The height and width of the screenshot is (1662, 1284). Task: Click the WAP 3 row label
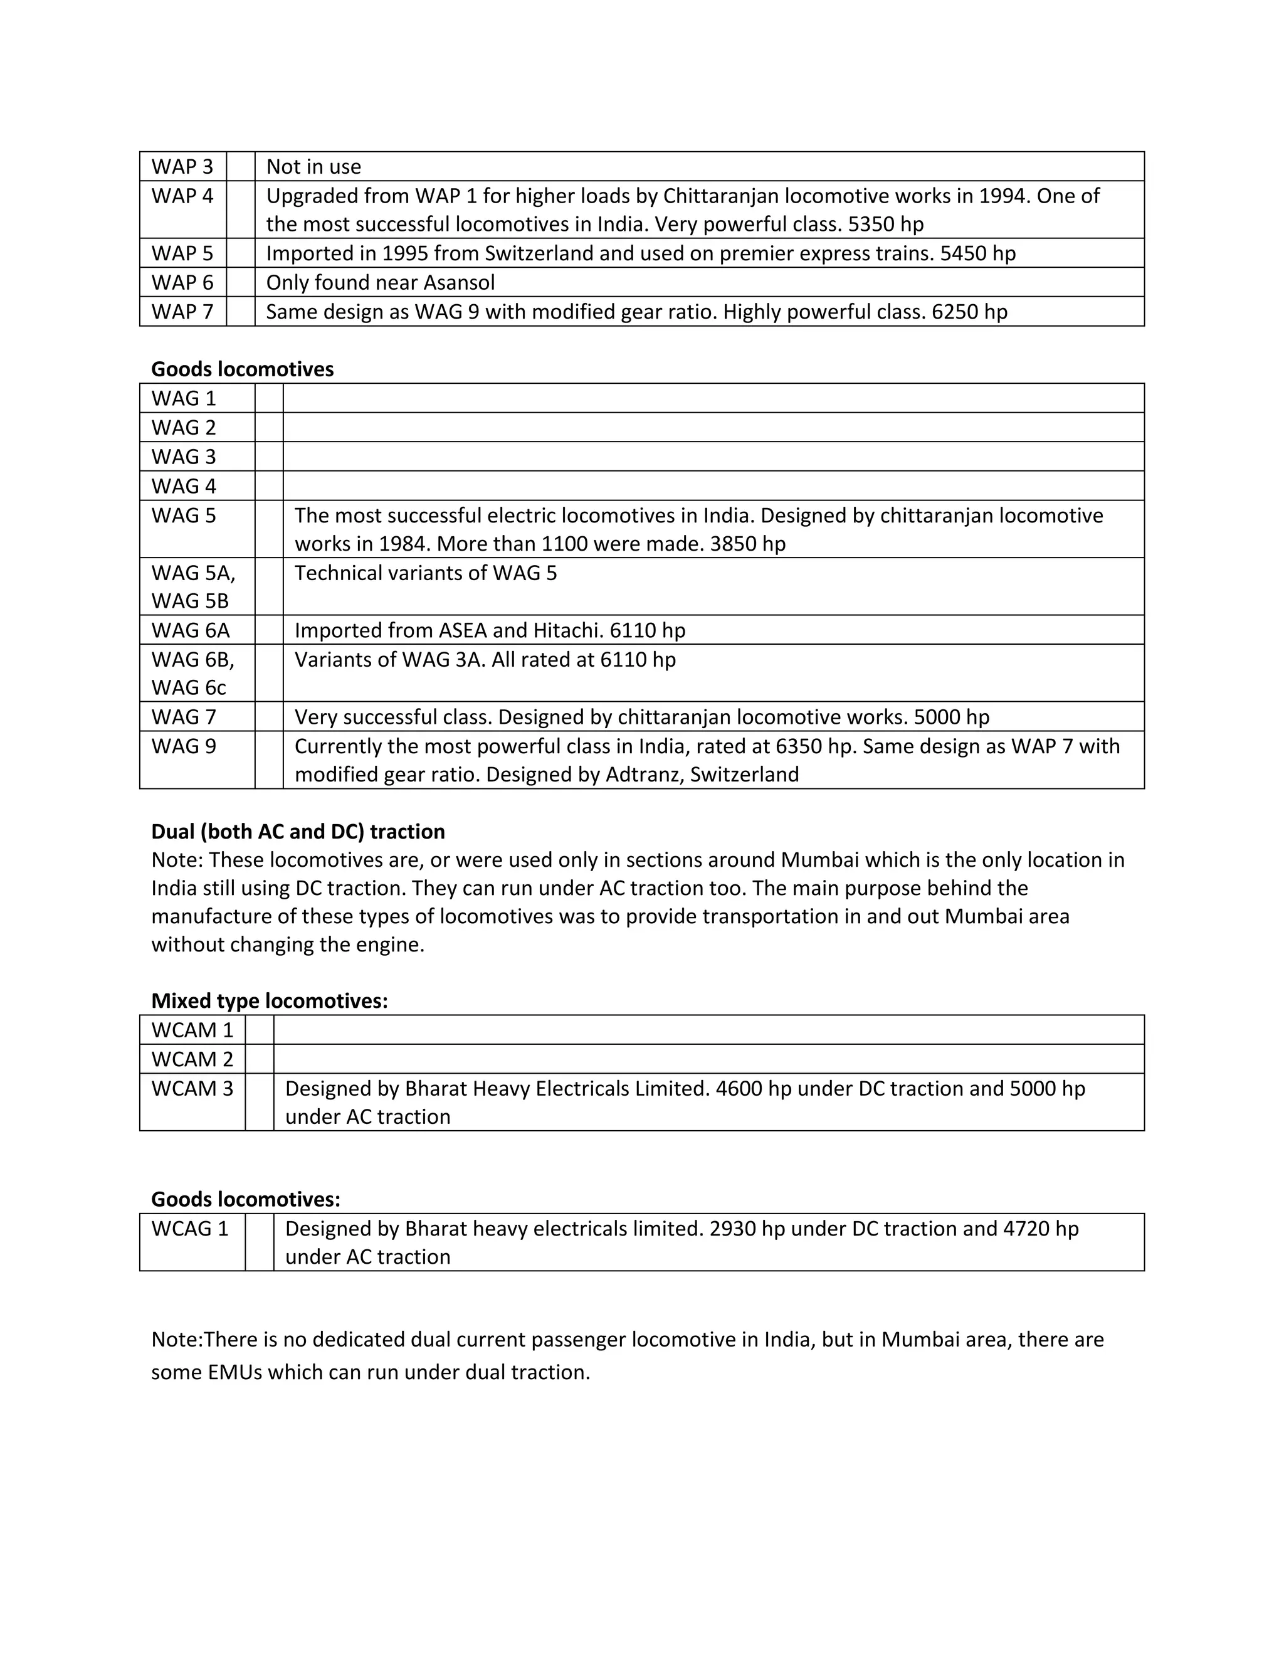pyautogui.click(x=182, y=166)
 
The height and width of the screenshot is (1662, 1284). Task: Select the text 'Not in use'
pyautogui.click(x=313, y=166)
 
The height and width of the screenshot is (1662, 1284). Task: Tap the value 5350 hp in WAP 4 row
pyautogui.click(x=885, y=224)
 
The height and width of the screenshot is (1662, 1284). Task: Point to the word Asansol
pyautogui.click(x=459, y=282)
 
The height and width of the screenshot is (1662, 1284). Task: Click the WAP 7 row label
pyautogui.click(x=182, y=311)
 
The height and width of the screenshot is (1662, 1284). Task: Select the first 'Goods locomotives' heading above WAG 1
pyautogui.click(x=242, y=368)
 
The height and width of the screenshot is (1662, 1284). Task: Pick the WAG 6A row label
pyautogui.click(x=190, y=630)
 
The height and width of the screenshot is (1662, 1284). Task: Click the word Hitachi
pyautogui.click(x=567, y=630)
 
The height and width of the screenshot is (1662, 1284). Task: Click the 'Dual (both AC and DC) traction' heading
pyautogui.click(x=298, y=831)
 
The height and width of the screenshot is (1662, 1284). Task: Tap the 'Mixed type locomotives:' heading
pyautogui.click(x=269, y=1001)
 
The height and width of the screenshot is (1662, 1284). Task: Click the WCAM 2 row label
pyautogui.click(x=192, y=1059)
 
